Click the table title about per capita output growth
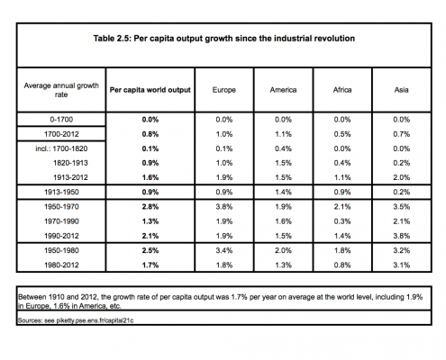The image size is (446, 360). click(224, 39)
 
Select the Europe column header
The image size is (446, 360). click(224, 90)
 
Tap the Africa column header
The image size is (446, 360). click(342, 90)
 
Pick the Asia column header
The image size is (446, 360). click(402, 90)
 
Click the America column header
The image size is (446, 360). click(283, 90)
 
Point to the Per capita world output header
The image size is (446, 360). click(150, 90)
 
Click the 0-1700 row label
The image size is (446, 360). click(61, 120)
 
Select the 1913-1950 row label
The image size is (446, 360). click(61, 192)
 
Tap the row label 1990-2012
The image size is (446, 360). click(61, 236)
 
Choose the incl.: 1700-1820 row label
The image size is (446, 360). click(61, 148)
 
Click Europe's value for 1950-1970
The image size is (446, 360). click(224, 207)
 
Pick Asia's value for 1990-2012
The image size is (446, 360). click(402, 236)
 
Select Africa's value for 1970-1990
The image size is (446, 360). click(342, 221)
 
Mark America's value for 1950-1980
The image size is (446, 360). click(283, 250)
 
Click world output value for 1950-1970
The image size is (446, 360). click(150, 207)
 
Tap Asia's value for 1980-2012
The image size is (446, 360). click(402, 265)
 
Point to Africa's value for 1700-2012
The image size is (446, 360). click(342, 134)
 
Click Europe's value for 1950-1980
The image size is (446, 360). click(224, 250)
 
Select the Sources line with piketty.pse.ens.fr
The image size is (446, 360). click(76, 320)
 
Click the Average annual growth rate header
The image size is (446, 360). click(61, 90)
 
